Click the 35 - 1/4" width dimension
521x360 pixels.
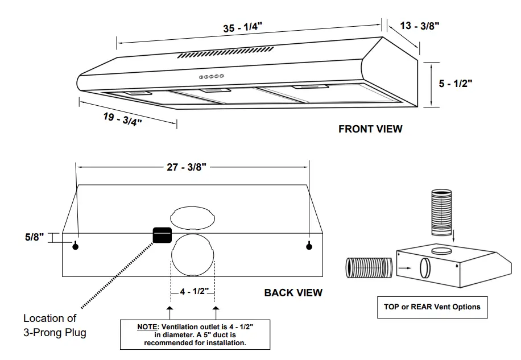[246, 28]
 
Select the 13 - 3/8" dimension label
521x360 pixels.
[420, 26]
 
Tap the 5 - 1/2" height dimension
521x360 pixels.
[456, 83]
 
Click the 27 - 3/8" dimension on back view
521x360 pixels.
[188, 167]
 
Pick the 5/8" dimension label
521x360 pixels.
[34, 237]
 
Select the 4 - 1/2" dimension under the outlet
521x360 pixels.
[194, 291]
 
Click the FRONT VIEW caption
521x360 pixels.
[370, 129]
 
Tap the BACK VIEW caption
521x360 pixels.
[293, 293]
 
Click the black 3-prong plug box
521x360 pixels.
[162, 234]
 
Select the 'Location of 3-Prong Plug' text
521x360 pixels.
[55, 325]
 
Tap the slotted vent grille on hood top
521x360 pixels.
[227, 53]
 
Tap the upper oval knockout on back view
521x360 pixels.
[193, 217]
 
